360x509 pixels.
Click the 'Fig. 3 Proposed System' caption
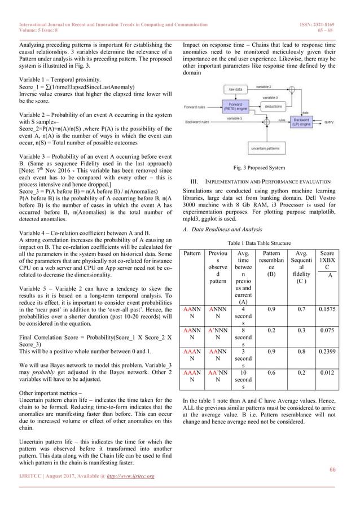[260, 168]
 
